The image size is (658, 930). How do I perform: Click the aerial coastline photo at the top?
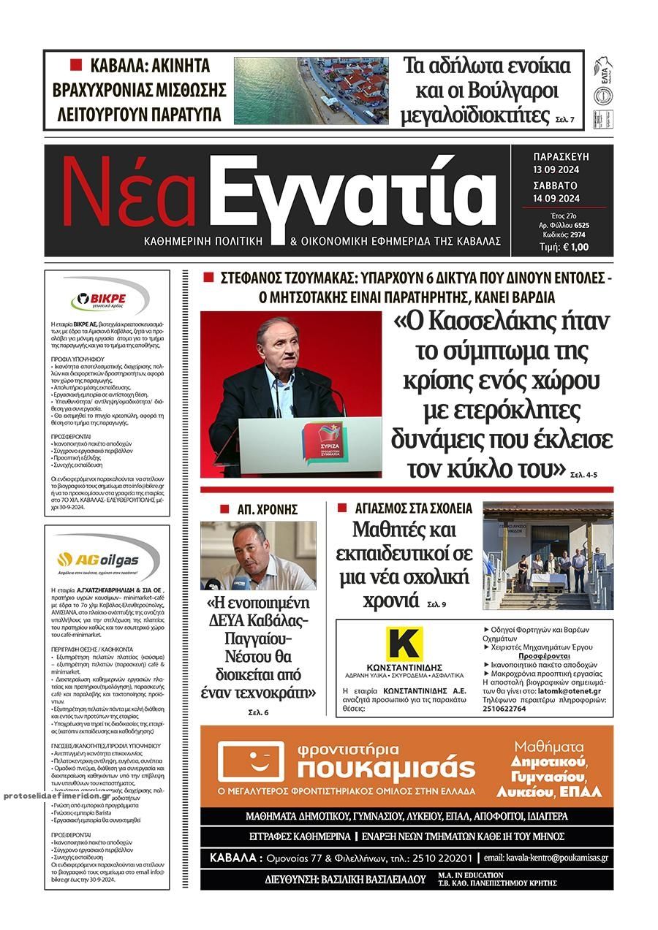[311, 91]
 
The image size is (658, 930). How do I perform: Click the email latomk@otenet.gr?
[570, 690]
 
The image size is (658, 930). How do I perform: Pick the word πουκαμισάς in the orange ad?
[387, 768]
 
